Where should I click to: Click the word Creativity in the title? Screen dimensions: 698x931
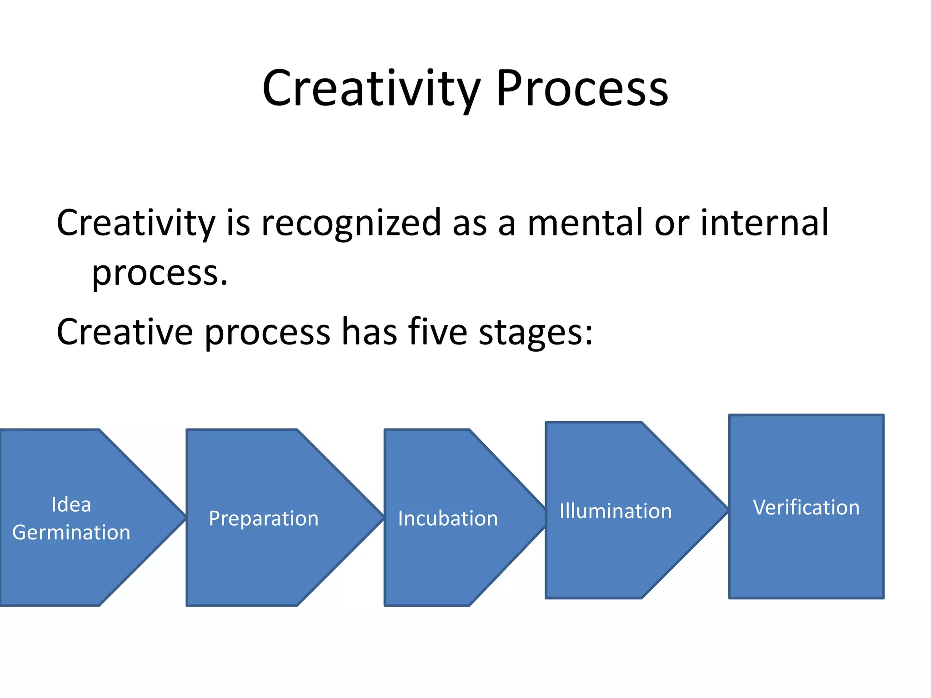370,89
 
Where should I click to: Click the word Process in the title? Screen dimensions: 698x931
582,89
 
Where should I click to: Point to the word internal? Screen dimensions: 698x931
764,223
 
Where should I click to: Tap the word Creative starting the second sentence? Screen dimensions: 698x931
125,332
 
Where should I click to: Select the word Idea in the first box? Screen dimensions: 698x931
71,504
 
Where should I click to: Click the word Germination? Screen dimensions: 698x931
71,533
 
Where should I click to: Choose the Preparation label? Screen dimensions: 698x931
264,519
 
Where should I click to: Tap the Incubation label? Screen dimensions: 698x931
448,519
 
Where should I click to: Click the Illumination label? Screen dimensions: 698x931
616,511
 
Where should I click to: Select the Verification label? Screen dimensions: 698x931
806,508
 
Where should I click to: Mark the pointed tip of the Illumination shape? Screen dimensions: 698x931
726,510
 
